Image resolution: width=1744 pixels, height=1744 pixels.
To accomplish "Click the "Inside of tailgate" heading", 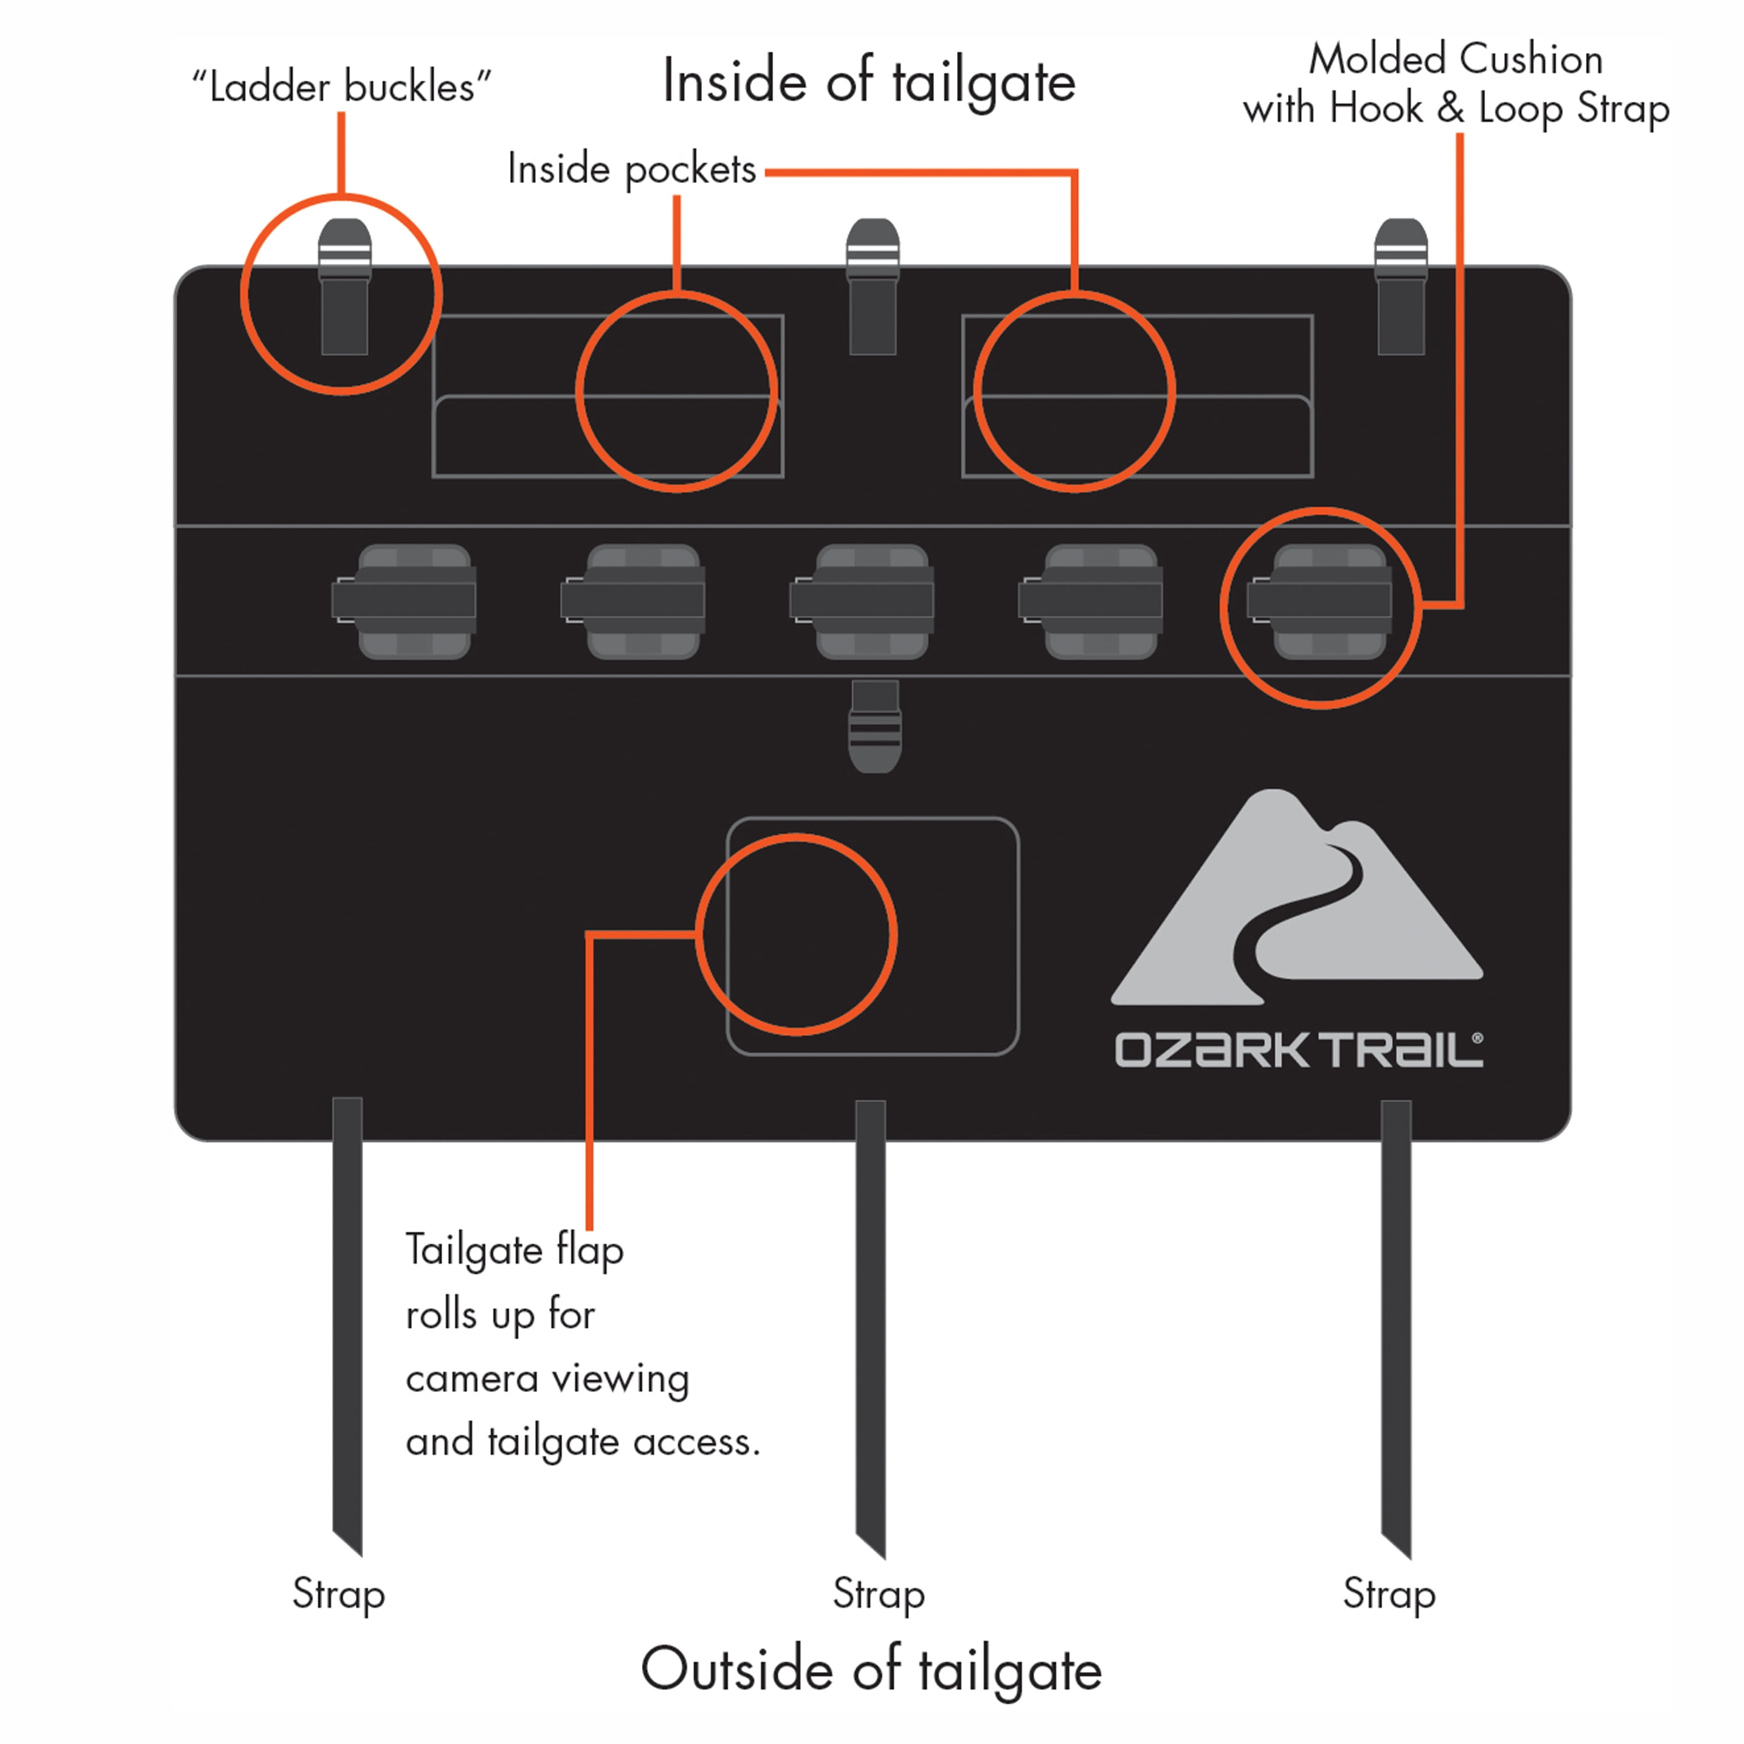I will (x=869, y=82).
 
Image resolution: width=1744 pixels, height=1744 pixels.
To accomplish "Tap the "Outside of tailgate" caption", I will (x=871, y=1668).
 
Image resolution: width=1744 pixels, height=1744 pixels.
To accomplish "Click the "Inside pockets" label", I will (x=632, y=169).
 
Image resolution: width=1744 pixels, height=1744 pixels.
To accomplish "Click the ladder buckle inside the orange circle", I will (x=344, y=287).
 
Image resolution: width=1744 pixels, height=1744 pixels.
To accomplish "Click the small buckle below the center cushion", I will (x=875, y=727).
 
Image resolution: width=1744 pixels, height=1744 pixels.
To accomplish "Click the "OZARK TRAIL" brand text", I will (x=1298, y=1050).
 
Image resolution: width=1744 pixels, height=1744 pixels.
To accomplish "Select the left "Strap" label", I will (x=338, y=1594).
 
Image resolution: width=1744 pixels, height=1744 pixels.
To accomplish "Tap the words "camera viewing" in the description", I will (x=547, y=1378).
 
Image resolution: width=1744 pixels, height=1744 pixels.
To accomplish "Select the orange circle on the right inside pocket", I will (x=1074, y=294).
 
